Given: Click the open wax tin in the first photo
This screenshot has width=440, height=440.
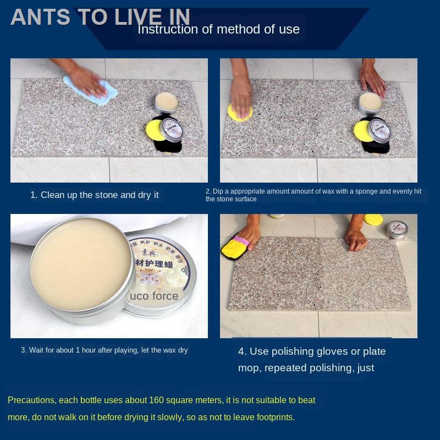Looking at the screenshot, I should (x=166, y=101).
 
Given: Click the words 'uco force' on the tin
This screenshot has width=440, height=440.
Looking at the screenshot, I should (x=154, y=296).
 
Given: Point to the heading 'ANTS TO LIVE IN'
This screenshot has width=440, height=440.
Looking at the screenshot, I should (x=100, y=17).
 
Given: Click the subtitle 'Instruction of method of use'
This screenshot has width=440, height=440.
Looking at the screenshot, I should (x=218, y=29).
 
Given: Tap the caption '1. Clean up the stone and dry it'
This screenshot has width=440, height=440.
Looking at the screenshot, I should (x=94, y=195).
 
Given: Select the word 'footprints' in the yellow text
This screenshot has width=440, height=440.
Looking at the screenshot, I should (x=272, y=417).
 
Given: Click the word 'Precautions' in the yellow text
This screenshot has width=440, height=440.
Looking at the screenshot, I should (x=31, y=400).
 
